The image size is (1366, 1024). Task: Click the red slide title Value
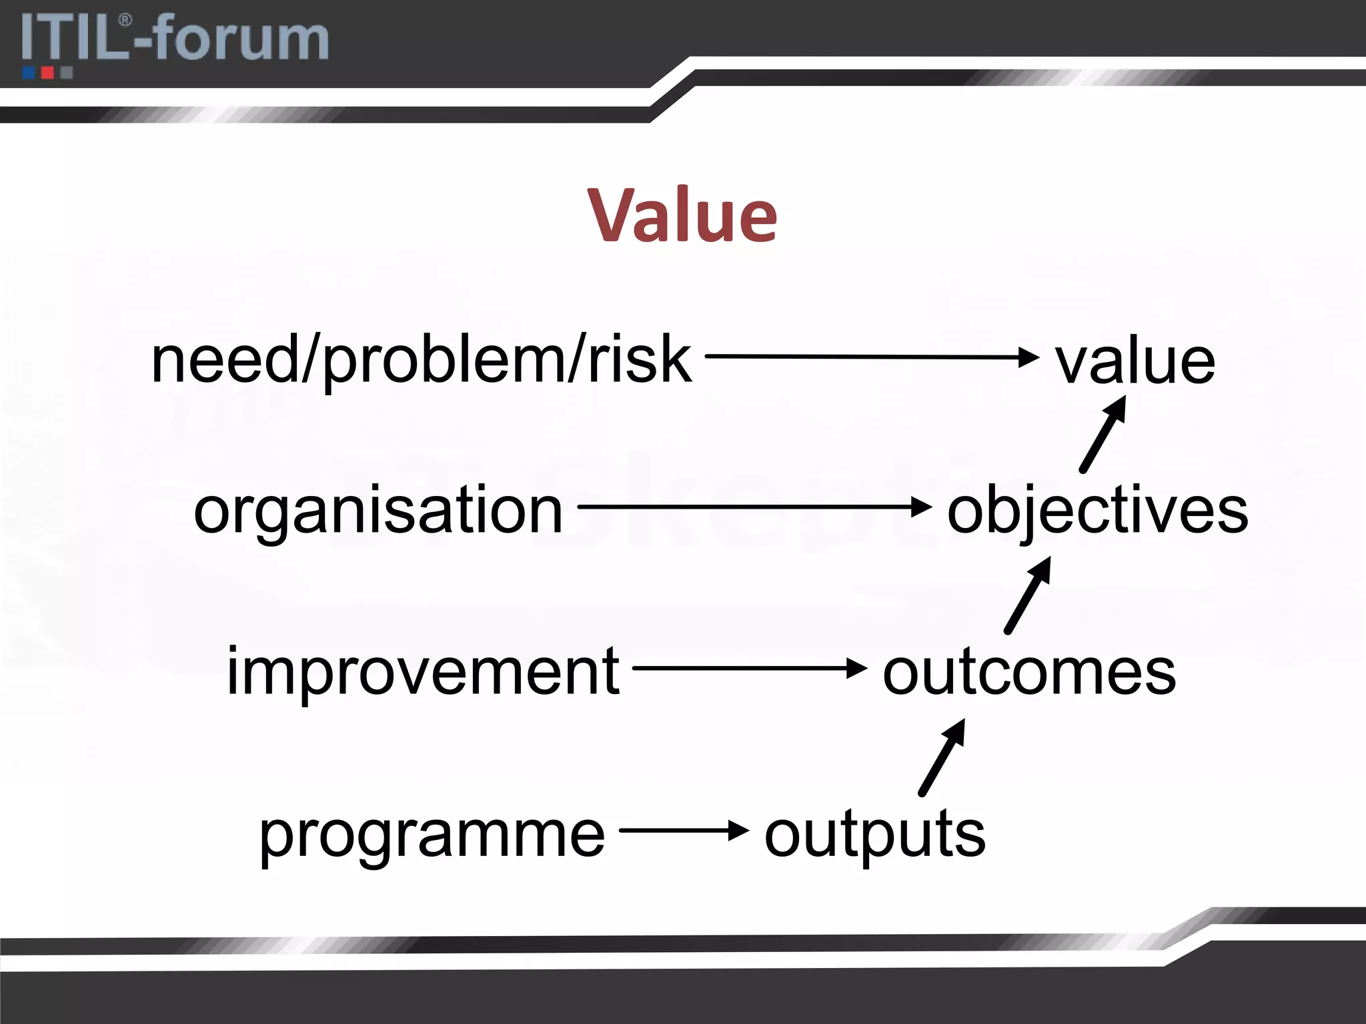(682, 215)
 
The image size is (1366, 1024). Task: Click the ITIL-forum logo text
(175, 39)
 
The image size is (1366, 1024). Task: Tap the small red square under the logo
(47, 73)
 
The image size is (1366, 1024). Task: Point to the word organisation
(378, 511)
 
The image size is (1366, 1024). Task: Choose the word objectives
(1097, 512)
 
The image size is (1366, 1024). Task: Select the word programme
(432, 835)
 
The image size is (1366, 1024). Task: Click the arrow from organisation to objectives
(754, 507)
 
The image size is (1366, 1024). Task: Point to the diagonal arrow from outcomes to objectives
(1028, 595)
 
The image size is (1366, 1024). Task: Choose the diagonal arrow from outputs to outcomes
(942, 757)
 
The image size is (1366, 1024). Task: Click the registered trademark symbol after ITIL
(125, 21)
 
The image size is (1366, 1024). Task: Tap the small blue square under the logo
(29, 73)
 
